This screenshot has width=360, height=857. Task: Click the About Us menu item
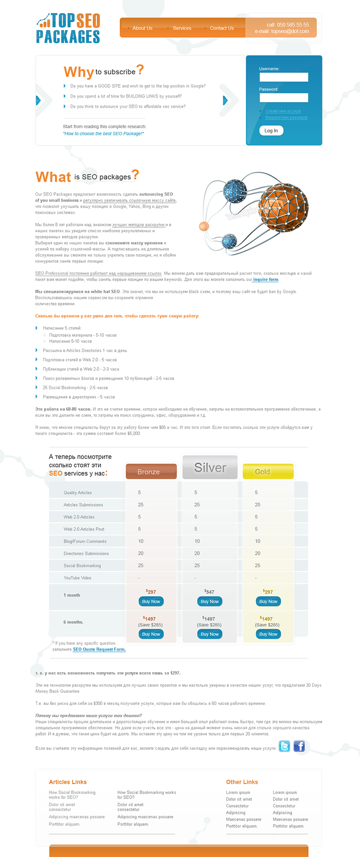pos(142,28)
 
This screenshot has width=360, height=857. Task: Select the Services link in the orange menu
pos(182,28)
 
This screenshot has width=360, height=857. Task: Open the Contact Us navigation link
pos(221,28)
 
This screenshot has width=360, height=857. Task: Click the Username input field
pos(283,77)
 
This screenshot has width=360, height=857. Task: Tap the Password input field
pos(283,98)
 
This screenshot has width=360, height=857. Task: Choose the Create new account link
pos(283,111)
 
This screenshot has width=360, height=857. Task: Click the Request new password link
pos(286,117)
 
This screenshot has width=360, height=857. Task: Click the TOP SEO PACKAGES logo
pos(68,28)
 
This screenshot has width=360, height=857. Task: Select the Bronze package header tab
pos(151,471)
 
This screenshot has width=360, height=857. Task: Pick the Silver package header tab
pos(210,468)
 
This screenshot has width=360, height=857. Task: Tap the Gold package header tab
pos(268,471)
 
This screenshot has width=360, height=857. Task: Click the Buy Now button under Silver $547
pos(209,601)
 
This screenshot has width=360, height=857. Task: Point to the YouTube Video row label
pos(77,578)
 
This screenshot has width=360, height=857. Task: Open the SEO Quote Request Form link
pos(99,649)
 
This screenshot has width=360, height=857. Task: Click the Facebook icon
pos(299,746)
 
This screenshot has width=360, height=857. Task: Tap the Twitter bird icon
pos(284,746)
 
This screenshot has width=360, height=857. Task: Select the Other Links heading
pos(242,782)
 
